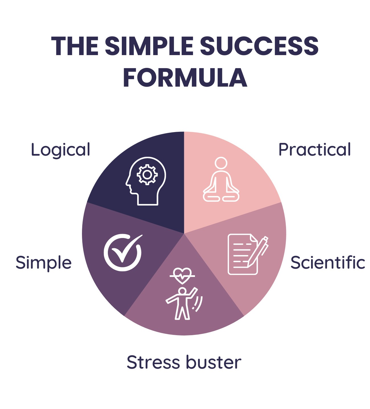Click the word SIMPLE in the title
pos(149,46)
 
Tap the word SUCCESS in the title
pos(259,46)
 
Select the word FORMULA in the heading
pos(185,78)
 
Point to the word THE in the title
pos(75,46)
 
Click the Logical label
pos(60,150)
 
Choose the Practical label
pos(314,150)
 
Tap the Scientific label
pos(328,262)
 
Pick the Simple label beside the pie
pos(44,262)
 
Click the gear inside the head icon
pos(147,174)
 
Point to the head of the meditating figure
pos(221,163)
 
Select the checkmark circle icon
pos(123,252)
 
